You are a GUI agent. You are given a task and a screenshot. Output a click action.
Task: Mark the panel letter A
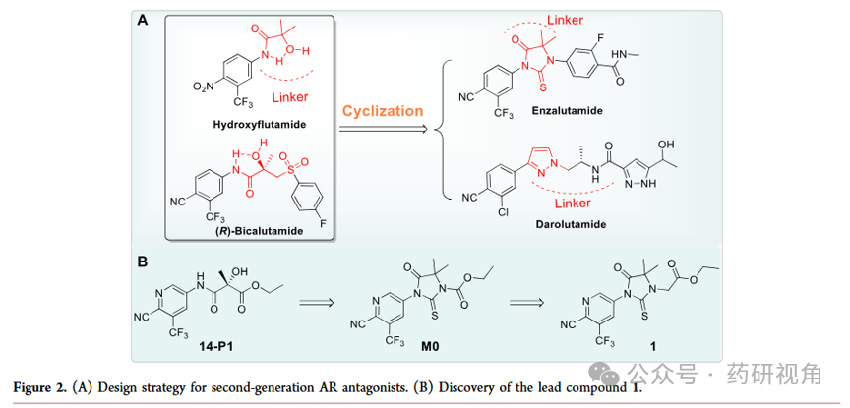(143, 21)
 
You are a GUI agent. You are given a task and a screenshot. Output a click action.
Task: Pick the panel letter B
(143, 262)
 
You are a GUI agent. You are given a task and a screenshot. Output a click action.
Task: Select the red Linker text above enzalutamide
(565, 21)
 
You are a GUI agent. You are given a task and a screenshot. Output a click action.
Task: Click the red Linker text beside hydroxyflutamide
(289, 97)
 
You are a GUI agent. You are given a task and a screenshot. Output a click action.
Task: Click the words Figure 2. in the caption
(35, 388)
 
